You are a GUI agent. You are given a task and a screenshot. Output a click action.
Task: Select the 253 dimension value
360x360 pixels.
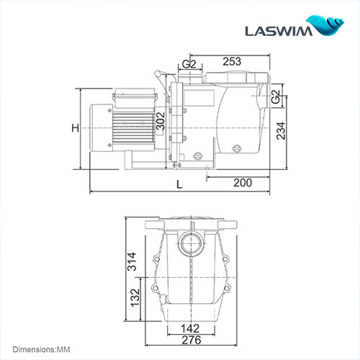point(230,62)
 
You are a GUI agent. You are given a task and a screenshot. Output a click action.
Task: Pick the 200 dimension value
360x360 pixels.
point(243,183)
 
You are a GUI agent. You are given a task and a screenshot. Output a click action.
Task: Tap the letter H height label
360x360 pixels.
point(74,129)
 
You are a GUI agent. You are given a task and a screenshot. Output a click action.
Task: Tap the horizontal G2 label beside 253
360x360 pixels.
point(189,65)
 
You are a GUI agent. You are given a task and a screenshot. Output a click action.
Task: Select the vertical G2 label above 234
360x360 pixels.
point(276,97)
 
